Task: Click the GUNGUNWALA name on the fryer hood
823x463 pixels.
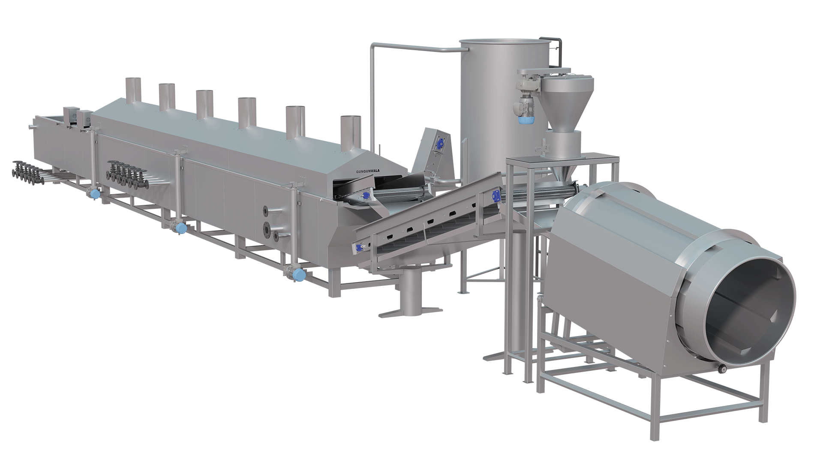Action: point(368,171)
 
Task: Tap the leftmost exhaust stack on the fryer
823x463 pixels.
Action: point(134,90)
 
